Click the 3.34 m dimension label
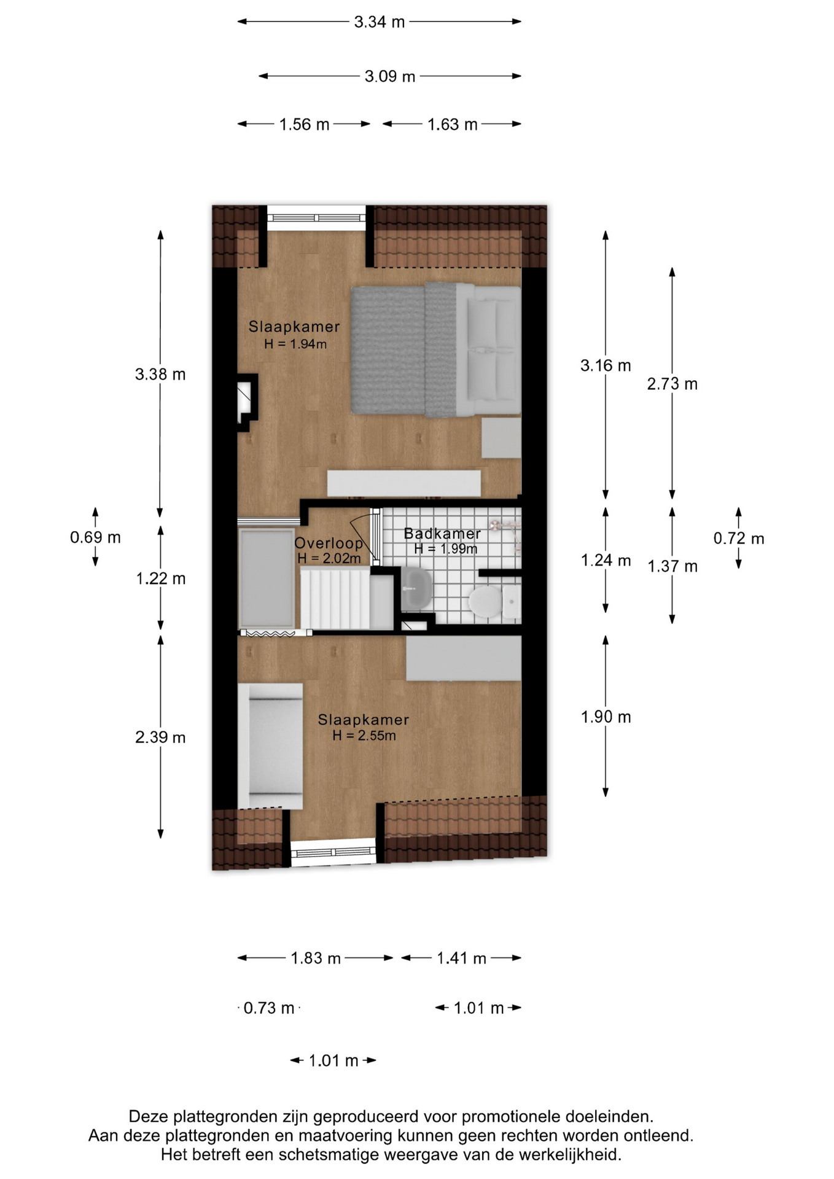380,22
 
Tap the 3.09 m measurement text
390,77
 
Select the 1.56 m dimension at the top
305,125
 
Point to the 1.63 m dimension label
453,125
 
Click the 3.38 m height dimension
160,374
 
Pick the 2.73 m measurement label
672,384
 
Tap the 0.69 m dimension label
95,537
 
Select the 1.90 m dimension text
606,717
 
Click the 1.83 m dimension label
316,958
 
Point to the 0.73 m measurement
269,1008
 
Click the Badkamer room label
442,534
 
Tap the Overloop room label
329,543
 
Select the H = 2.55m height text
364,735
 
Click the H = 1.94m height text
295,344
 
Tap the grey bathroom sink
418,588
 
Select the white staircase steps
335,599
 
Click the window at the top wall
316,218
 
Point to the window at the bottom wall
333,852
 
